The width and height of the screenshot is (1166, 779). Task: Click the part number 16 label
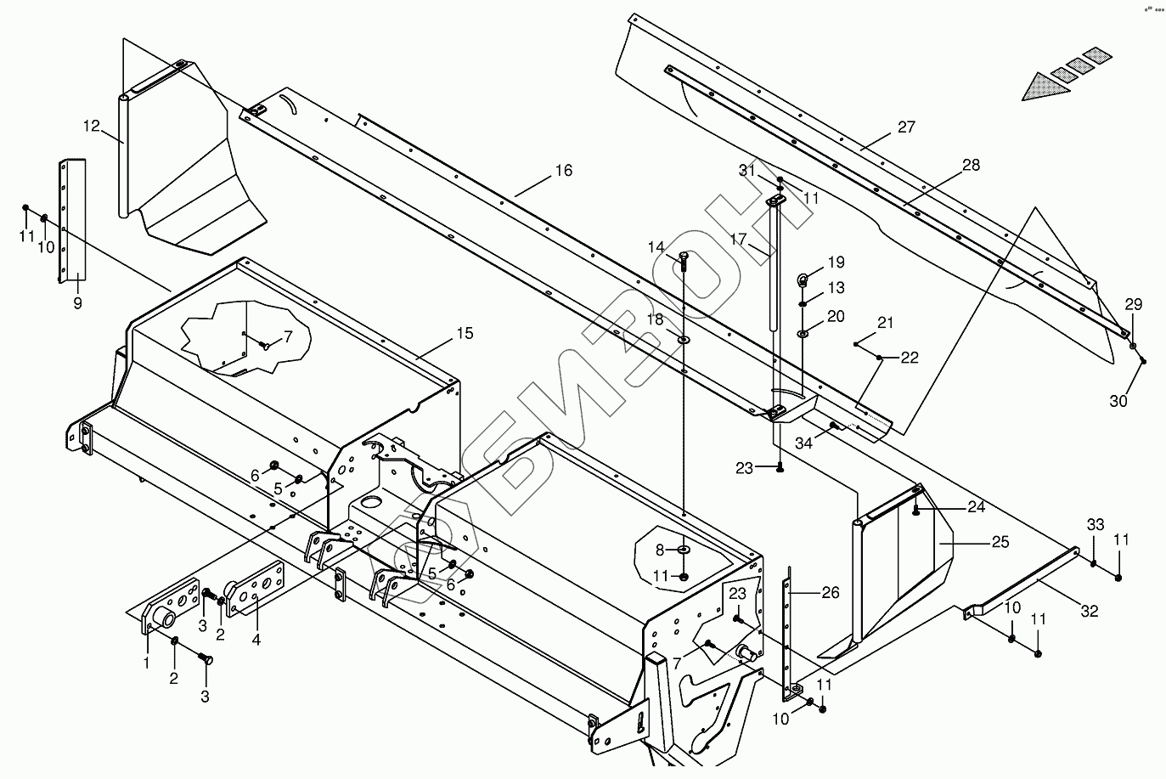[564, 171]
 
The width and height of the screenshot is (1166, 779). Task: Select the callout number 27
[906, 127]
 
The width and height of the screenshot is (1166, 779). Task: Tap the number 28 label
[971, 165]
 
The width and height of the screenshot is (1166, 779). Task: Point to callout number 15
[464, 333]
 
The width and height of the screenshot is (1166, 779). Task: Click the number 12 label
[92, 127]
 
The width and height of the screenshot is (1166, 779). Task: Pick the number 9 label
[77, 302]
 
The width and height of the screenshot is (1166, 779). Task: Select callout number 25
[1000, 541]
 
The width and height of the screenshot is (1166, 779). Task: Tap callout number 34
[803, 443]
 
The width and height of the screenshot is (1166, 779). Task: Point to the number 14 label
[656, 247]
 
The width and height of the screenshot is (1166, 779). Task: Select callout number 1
[146, 661]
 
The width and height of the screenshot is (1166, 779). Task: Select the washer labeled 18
[684, 340]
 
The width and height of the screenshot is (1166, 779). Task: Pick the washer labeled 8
[684, 550]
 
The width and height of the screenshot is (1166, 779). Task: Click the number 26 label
[830, 592]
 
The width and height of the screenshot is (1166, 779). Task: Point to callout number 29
[1134, 305]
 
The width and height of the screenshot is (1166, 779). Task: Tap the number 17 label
[737, 239]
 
